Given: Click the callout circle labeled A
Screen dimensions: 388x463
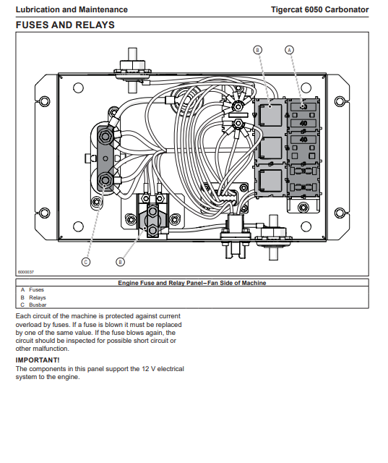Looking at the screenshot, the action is click(x=289, y=50).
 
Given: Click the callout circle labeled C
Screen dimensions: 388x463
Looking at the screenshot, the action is click(x=86, y=262).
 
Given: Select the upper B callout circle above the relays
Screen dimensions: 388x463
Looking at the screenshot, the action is click(x=258, y=50).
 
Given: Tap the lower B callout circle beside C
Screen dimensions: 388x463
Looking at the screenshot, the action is click(x=120, y=262).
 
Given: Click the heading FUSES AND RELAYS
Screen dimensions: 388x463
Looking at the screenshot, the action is click(x=65, y=25).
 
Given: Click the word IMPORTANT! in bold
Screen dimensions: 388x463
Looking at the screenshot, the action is click(x=38, y=360).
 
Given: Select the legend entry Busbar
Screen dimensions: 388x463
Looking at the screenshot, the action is click(x=38, y=305).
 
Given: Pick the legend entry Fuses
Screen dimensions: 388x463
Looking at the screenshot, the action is click(x=36, y=289).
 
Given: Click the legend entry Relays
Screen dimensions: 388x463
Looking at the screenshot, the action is click(x=38, y=297).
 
